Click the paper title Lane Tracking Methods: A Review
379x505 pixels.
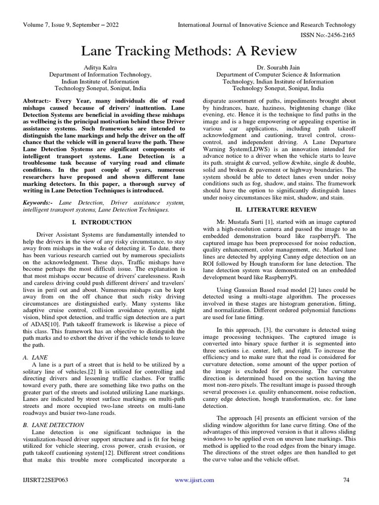[x=189, y=51]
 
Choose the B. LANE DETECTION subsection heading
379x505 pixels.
[x=54, y=425]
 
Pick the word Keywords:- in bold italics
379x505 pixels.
[x=40, y=203]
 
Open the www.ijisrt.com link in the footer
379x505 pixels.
[x=194, y=480]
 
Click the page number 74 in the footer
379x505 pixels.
[x=346, y=480]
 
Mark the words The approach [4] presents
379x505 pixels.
[x=250, y=418]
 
